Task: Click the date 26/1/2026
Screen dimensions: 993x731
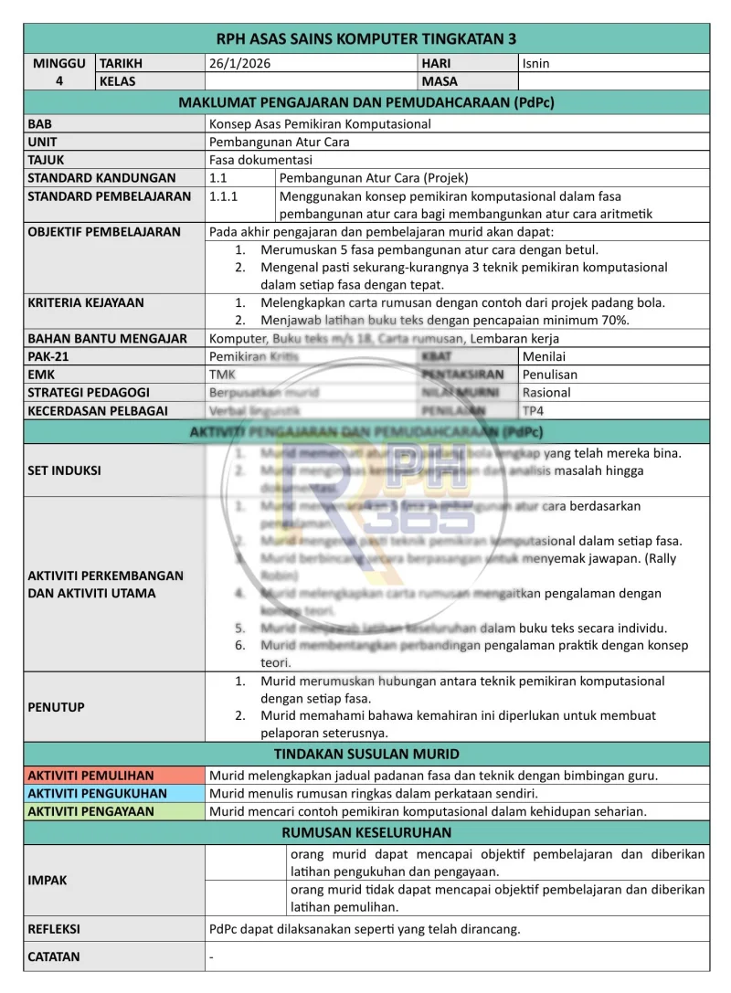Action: click(x=240, y=64)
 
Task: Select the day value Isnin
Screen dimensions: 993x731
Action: click(x=536, y=64)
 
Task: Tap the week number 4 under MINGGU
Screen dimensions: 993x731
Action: click(x=59, y=81)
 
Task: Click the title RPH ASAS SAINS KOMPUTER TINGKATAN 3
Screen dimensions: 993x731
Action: click(x=366, y=38)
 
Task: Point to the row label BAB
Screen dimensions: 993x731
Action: click(x=40, y=124)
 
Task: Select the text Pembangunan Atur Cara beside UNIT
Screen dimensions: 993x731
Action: click(x=280, y=143)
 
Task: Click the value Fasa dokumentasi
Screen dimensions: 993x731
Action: click(x=260, y=160)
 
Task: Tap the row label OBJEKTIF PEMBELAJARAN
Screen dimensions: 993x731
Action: click(x=104, y=232)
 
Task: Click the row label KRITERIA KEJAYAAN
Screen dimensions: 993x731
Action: click(x=86, y=302)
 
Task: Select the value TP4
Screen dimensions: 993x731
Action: click(x=533, y=411)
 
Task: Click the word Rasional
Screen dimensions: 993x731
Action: click(x=546, y=393)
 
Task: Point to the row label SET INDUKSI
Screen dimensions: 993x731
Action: click(x=65, y=471)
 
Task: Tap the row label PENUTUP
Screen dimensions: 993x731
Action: click(x=57, y=707)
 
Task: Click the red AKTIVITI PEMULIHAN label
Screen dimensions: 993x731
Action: click(x=91, y=776)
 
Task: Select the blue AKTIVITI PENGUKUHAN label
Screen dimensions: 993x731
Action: click(x=98, y=794)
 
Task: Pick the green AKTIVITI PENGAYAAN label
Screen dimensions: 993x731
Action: click(x=91, y=811)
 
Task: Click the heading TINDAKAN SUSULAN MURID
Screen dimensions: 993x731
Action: click(x=366, y=755)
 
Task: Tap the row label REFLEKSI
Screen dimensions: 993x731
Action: click(x=54, y=929)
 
